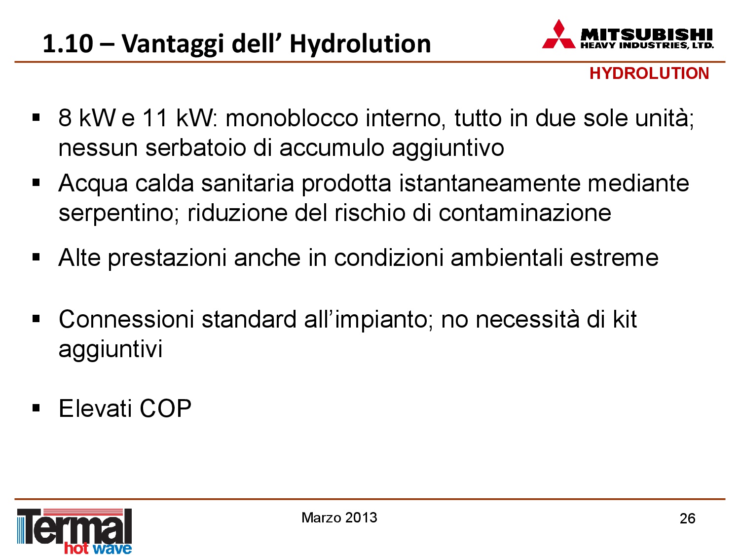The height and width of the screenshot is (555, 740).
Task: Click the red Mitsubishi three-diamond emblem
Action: (558, 34)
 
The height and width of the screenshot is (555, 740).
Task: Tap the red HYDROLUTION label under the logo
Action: (649, 74)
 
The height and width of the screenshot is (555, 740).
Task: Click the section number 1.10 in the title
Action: (68, 44)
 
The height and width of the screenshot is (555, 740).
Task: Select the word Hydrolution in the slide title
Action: (360, 44)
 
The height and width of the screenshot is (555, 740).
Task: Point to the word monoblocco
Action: (292, 118)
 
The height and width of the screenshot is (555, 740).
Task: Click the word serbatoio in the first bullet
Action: (195, 148)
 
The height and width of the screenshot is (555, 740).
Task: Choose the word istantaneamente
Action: (489, 184)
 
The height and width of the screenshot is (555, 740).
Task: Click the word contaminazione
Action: (524, 213)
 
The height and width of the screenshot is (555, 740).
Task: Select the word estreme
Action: (614, 259)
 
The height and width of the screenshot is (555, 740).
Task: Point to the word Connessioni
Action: (126, 319)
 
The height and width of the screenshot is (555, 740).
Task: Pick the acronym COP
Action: (165, 408)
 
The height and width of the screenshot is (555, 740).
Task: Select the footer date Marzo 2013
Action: (339, 518)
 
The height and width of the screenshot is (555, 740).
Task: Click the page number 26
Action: (687, 518)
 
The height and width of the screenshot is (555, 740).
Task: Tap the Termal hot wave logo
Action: (74, 531)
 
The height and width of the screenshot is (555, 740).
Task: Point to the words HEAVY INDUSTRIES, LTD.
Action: (647, 45)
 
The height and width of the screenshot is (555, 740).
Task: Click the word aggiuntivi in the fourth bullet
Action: (111, 349)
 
